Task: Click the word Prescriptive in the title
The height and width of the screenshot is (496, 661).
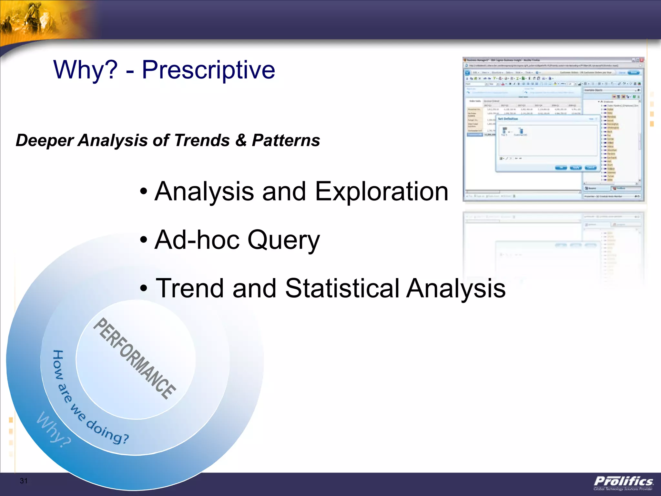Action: coord(208,70)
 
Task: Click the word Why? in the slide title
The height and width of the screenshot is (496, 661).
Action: coord(86,70)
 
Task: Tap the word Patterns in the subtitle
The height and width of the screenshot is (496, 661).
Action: coord(286,140)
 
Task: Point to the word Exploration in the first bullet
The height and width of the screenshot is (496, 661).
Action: coord(381,191)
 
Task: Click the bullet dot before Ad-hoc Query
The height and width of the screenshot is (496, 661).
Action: coord(144,240)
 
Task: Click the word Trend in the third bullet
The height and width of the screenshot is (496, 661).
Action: coord(189,288)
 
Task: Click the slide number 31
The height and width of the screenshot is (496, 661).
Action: coord(24,480)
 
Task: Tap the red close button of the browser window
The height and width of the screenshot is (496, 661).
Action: coord(642,60)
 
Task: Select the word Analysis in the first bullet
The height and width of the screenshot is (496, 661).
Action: coord(204,191)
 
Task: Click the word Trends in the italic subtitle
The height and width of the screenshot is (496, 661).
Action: coord(202,140)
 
